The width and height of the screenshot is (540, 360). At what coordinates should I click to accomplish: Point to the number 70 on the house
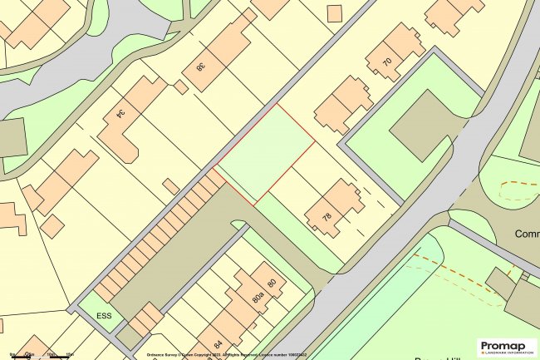click(386, 62)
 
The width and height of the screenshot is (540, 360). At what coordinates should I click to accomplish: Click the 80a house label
click(257, 294)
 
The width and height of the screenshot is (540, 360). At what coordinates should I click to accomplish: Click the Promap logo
click(507, 346)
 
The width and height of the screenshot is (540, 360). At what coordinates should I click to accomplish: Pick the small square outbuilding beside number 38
click(180, 86)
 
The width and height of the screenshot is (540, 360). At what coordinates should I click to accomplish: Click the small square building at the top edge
click(335, 13)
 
